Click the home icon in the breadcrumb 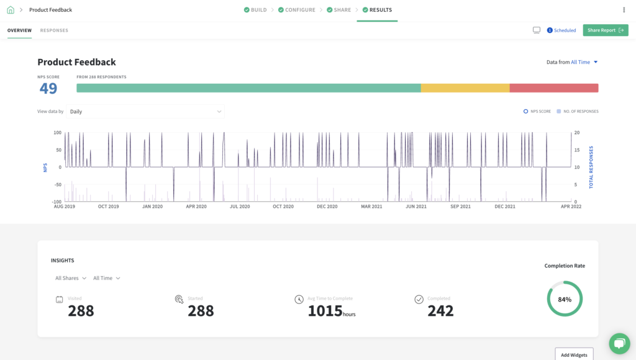(11, 10)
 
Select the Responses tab (54, 30)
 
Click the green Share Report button (605, 30)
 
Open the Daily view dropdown (145, 112)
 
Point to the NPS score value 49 (48, 89)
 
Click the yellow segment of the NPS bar (465, 88)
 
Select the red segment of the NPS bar (553, 88)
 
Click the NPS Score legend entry (537, 112)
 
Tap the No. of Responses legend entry (578, 112)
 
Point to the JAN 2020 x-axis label (152, 207)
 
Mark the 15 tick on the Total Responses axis (577, 150)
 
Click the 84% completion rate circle (565, 299)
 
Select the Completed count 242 (440, 311)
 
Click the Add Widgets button (574, 354)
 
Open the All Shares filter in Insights (71, 278)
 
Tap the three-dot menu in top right (624, 10)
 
